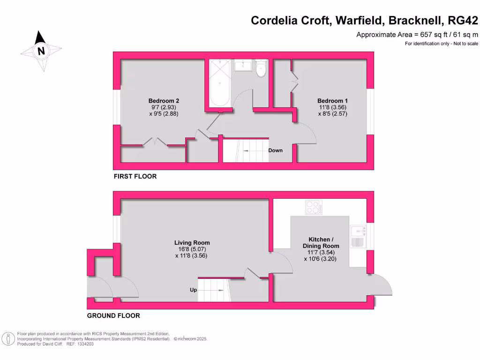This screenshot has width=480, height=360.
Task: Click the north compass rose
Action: pyautogui.click(x=41, y=51)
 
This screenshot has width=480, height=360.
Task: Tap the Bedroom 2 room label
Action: pyautogui.click(x=164, y=101)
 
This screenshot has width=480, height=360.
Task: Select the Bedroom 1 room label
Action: pyautogui.click(x=332, y=101)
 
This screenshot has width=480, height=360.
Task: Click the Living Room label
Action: pyautogui.click(x=192, y=243)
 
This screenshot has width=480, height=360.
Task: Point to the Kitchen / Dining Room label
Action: pyautogui.click(x=321, y=243)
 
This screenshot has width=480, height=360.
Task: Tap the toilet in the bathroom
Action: pyautogui.click(x=261, y=68)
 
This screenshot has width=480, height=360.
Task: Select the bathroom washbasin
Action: pyautogui.click(x=243, y=65)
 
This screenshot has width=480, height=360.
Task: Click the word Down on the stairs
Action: pyautogui.click(x=276, y=150)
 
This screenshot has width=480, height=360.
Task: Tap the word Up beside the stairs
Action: pyautogui.click(x=193, y=290)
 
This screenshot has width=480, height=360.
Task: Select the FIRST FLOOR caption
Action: pyautogui.click(x=135, y=177)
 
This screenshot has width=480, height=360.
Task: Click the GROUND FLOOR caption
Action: pyautogui.click(x=113, y=315)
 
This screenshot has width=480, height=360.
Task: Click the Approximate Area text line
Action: pyautogui.click(x=417, y=35)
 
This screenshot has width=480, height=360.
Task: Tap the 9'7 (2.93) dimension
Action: pyautogui.click(x=164, y=107)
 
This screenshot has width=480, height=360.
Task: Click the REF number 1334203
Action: pyautogui.click(x=85, y=344)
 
